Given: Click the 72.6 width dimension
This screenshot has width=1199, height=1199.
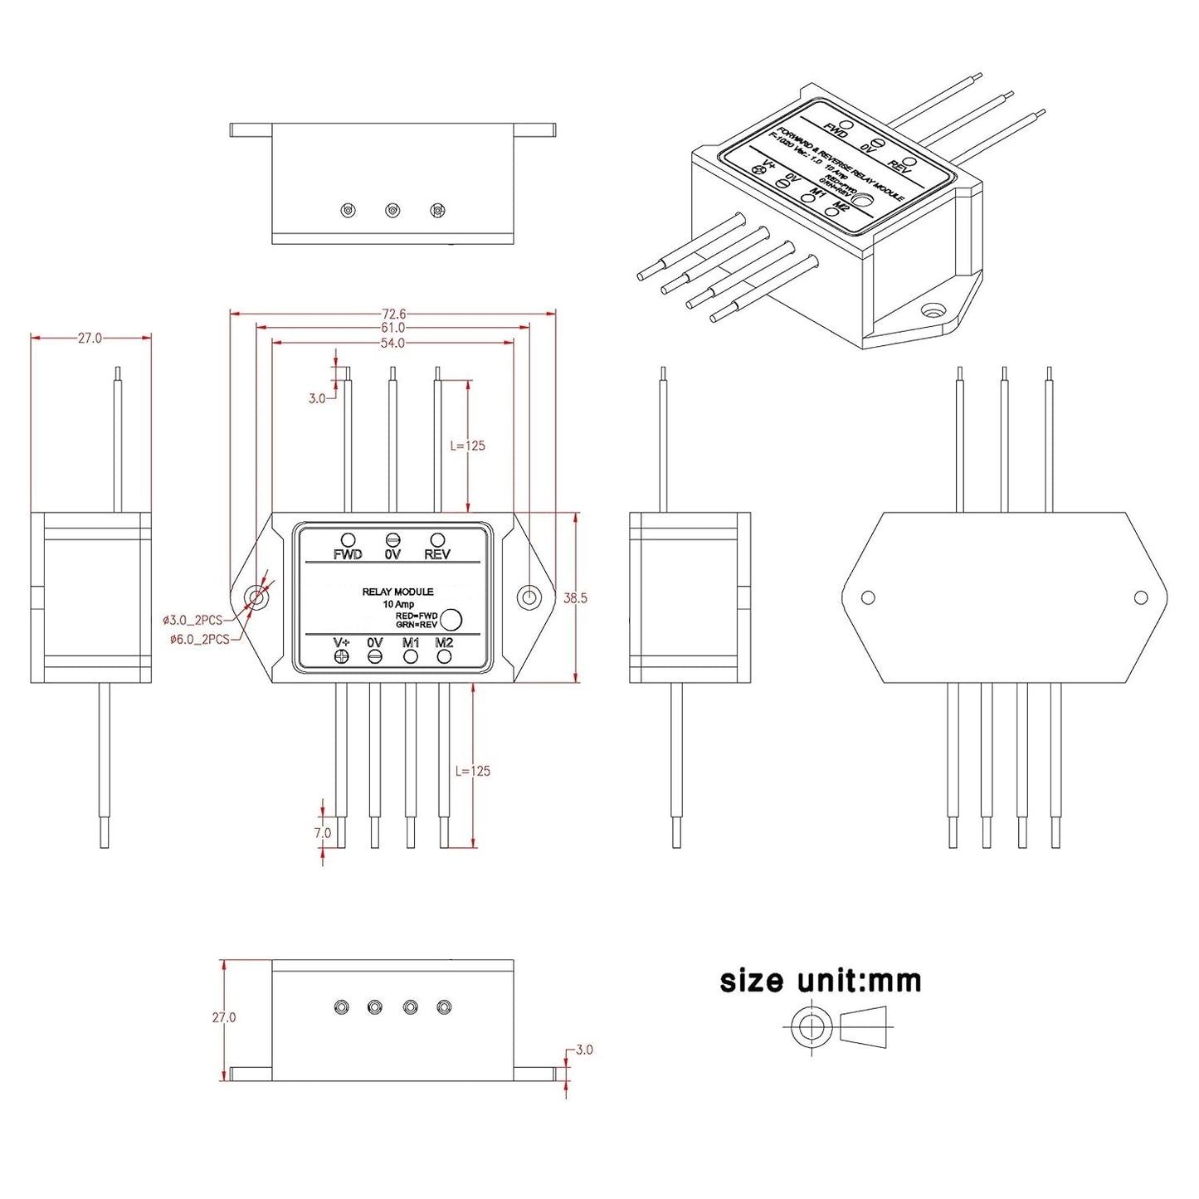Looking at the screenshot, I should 393,314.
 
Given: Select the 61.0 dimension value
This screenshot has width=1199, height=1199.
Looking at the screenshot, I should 393,328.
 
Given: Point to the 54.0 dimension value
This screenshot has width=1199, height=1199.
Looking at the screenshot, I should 392,343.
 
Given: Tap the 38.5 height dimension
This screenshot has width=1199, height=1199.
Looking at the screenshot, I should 575,597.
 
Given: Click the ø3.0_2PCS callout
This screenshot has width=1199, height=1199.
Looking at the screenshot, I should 193,620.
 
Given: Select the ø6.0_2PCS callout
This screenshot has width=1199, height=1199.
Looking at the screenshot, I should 199,639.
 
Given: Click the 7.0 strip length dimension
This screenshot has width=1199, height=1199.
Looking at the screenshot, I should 322,832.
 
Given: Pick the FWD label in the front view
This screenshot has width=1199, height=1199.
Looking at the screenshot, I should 348,554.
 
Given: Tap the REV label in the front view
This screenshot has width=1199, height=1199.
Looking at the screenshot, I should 437,554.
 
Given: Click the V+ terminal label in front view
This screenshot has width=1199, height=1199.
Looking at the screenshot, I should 341,642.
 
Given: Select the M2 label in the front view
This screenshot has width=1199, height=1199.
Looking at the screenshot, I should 444,642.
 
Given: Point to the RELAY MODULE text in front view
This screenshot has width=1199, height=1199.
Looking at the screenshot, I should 397,592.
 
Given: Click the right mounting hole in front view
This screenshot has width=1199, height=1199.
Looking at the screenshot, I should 529,597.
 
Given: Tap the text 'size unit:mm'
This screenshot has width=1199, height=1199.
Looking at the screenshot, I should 821,981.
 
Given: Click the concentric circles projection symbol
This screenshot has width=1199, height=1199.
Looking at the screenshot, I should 811,1027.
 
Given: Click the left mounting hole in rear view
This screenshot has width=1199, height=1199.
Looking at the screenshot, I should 868,597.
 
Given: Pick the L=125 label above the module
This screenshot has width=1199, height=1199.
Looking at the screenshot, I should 467,446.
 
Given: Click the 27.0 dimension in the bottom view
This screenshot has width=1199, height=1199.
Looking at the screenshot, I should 224,1017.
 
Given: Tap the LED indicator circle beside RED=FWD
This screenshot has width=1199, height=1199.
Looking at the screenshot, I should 451,619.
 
